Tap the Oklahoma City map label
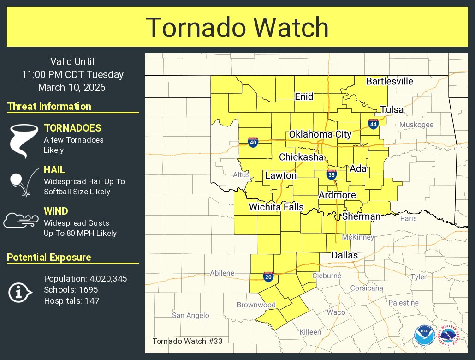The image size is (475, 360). point(320,134)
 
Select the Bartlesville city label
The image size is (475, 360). point(389,82)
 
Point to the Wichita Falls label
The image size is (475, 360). point(276,207)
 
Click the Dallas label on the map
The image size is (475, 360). point(344,255)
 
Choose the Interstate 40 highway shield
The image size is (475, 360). point(253,142)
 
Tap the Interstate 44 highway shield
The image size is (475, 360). point(373,124)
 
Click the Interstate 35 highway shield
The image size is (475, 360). point(331,174)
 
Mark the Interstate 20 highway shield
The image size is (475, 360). point(267,276)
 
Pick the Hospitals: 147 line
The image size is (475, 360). point(71,301)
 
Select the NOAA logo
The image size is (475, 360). point(423,336)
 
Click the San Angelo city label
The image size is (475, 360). point(190,315)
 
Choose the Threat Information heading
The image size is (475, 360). point(49,106)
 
